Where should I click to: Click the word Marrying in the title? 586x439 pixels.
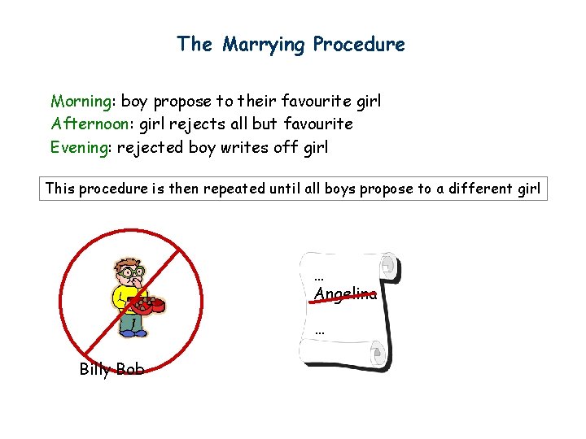264,44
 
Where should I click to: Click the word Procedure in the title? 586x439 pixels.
359,44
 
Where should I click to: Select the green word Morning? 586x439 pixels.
81,102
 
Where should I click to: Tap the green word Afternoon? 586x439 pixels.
89,124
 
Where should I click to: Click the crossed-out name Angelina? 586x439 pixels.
346,294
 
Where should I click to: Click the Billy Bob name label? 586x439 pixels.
112,370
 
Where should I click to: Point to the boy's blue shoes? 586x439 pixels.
133,332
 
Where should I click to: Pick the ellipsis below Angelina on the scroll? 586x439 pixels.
319,331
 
